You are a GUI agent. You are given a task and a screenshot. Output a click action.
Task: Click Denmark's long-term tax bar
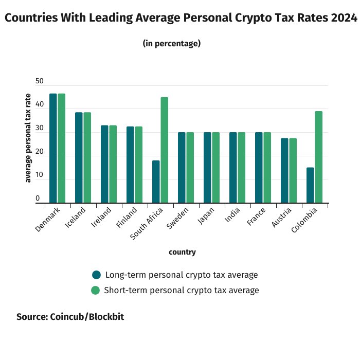pos(53,148)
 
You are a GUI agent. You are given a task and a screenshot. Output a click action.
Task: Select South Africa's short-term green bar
pos(165,150)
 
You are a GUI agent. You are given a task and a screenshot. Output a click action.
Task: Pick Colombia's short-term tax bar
pos(319,157)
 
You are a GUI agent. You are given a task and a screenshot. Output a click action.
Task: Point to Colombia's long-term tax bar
pos(310,185)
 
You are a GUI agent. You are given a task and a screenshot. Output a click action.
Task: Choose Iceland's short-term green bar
pos(87,157)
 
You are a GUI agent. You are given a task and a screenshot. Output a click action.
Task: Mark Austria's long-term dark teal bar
pos(284,170)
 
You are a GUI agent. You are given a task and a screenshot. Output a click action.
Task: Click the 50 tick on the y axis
pos(40,82)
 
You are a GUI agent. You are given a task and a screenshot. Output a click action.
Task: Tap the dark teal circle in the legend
pos(96,275)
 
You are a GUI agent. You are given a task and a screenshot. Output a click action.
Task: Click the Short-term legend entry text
pos(182,290)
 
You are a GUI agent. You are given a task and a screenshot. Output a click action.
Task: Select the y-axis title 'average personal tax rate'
pos(28,138)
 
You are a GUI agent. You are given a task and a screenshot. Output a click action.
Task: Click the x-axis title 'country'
pos(182,252)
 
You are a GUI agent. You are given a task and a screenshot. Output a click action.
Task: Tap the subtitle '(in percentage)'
pos(171,43)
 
